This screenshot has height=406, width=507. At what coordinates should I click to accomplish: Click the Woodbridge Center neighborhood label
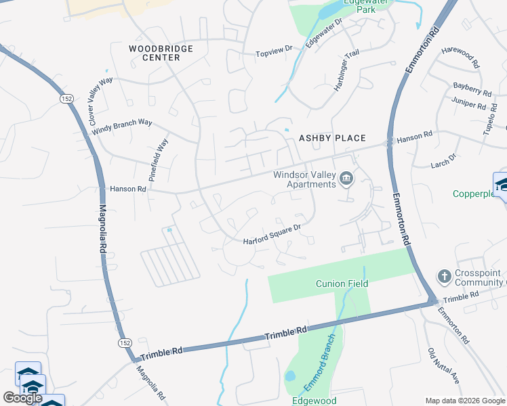point(161,53)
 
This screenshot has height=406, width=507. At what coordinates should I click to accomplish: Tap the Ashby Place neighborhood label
point(332,138)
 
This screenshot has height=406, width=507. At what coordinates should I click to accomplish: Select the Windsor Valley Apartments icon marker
point(347,179)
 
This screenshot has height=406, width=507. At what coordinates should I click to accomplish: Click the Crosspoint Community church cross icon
point(444,276)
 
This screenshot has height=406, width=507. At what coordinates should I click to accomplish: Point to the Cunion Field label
point(342,284)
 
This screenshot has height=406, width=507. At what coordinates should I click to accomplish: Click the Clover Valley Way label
point(101,101)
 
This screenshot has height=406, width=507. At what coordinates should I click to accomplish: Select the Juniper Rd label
point(469,105)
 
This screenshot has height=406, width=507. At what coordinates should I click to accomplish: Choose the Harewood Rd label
point(461,58)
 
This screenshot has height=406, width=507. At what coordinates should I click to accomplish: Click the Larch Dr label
point(444,160)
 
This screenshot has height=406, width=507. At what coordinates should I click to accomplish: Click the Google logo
point(22,398)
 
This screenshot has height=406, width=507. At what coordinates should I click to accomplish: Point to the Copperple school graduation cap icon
point(502,185)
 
